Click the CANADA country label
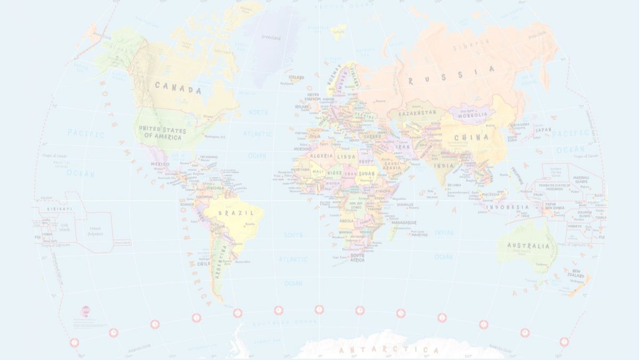click(x=178, y=87)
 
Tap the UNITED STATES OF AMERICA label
click(x=162, y=134)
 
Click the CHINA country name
click(x=471, y=137)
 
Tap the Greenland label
click(x=271, y=37)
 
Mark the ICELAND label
click(x=296, y=77)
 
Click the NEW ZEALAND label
click(x=577, y=273)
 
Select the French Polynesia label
click(x=96, y=231)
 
